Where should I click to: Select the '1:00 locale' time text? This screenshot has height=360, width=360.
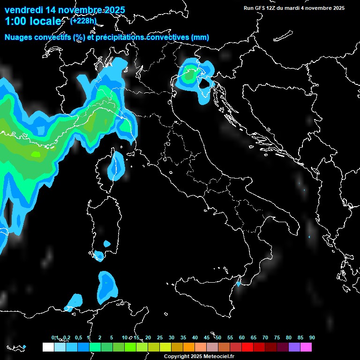[x=33, y=21]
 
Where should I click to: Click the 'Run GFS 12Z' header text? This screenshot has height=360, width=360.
[x=261, y=8]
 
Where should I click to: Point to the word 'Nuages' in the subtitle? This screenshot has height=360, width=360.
[x=19, y=37]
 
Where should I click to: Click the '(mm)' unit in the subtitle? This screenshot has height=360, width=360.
[x=200, y=37]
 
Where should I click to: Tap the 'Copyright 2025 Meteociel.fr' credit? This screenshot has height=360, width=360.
[x=199, y=357]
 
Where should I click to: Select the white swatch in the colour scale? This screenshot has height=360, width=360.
[x=48, y=347]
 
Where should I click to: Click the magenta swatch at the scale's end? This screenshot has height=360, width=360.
[x=306, y=347]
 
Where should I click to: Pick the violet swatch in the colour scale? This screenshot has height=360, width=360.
[x=294, y=347]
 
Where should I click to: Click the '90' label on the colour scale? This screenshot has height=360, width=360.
[x=312, y=337]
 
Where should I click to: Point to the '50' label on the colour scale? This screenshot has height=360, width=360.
[x=218, y=337]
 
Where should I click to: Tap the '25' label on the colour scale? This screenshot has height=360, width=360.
[x=159, y=337]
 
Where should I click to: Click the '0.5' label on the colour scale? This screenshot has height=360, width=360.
[x=78, y=337]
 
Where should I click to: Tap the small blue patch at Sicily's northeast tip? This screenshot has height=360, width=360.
[x=239, y=283]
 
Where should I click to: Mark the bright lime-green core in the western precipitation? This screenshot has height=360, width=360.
[x=36, y=154]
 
